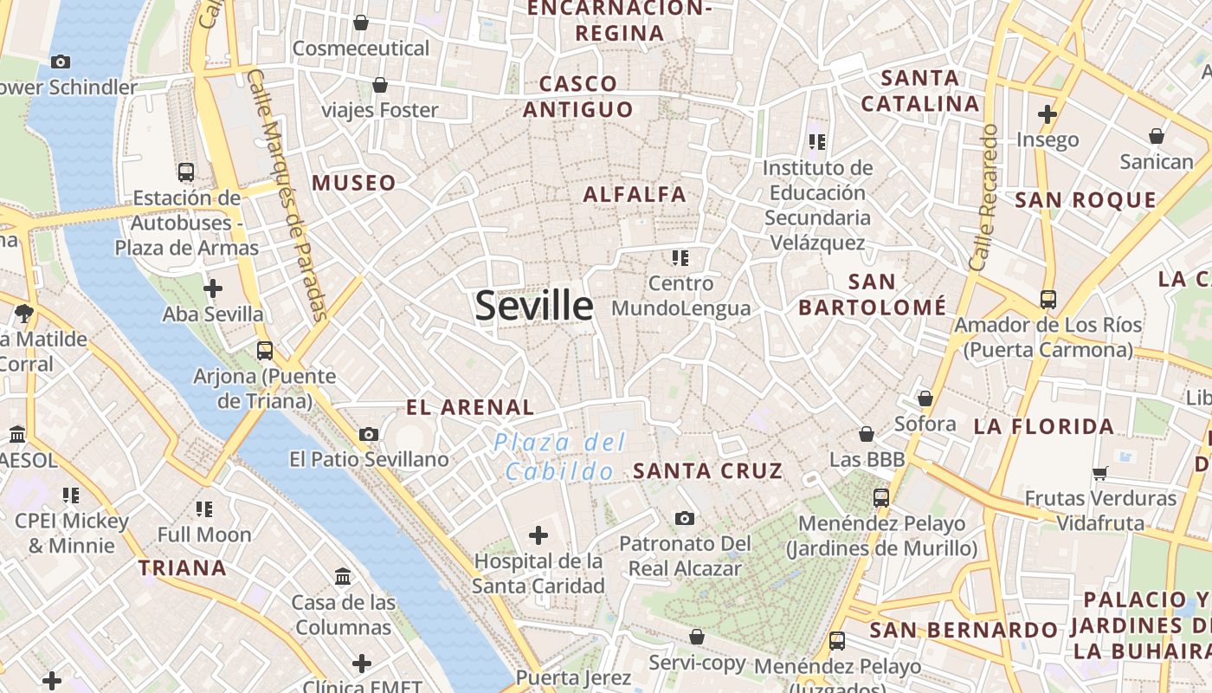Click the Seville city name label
point(534,306)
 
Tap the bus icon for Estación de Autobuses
point(185,172)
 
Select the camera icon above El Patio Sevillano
point(369,434)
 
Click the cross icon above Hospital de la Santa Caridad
point(538,534)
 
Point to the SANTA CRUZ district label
point(708,471)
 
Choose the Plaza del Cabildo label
point(560,457)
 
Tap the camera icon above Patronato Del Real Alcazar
point(685,518)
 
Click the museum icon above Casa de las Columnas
point(343,576)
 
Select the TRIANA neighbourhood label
point(183,568)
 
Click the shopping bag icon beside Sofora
point(925,398)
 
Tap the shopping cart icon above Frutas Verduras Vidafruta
point(1100,473)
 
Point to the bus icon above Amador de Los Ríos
point(1048,300)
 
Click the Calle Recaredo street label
point(986,198)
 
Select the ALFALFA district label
point(635,194)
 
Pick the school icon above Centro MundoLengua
point(680,257)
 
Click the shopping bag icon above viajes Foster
point(379,85)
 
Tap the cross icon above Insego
point(1048,113)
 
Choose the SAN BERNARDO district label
point(964,630)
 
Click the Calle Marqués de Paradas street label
point(287,195)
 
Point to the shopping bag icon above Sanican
point(1156,136)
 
